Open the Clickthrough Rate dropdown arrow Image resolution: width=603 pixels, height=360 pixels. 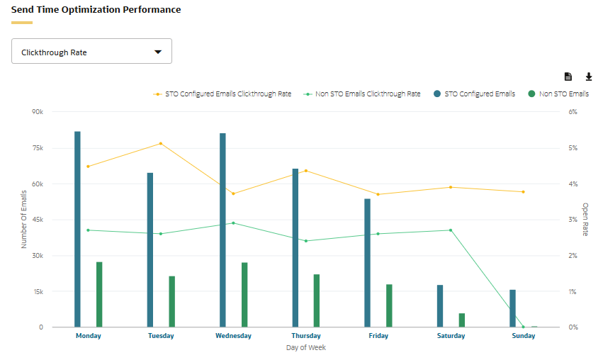pyautogui.click(x=158, y=52)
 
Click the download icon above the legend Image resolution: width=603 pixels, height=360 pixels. pyautogui.click(x=588, y=77)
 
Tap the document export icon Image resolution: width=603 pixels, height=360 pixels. pyautogui.click(x=568, y=77)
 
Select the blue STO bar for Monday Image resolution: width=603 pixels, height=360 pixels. pyautogui.click(x=77, y=229)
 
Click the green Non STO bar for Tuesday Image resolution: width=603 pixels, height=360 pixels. pyautogui.click(x=172, y=302)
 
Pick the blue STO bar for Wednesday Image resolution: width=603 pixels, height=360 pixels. pyautogui.click(x=222, y=230)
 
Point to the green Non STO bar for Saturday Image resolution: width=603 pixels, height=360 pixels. pyautogui.click(x=462, y=320)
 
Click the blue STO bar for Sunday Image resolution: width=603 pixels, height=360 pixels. pyautogui.click(x=512, y=308)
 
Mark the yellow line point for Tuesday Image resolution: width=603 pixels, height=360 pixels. pyautogui.click(x=161, y=143)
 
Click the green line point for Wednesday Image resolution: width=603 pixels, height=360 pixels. pyautogui.click(x=233, y=223)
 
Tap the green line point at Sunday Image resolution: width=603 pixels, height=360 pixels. pyautogui.click(x=524, y=327)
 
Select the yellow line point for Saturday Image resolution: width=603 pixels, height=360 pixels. pyautogui.click(x=451, y=187)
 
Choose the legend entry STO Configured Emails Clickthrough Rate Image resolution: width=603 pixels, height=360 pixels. pyautogui.click(x=222, y=94)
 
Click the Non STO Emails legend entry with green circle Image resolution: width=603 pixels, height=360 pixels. pyautogui.click(x=558, y=94)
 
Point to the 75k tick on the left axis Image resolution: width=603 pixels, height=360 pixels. pyautogui.click(x=38, y=148)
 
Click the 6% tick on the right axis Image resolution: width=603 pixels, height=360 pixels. pyautogui.click(x=573, y=112)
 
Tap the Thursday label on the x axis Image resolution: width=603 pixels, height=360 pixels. pyautogui.click(x=306, y=336)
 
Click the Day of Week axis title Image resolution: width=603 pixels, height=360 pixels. pyautogui.click(x=306, y=348)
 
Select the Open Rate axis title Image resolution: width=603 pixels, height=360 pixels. pyautogui.click(x=585, y=219)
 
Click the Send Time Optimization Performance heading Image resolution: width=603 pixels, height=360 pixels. pyautogui.click(x=96, y=10)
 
